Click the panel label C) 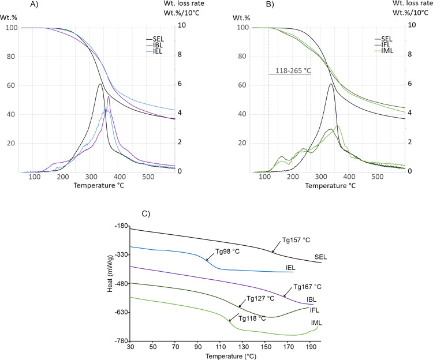[145, 213]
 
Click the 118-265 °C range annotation [289, 69]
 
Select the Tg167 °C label [307, 287]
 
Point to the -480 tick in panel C [122, 283]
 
